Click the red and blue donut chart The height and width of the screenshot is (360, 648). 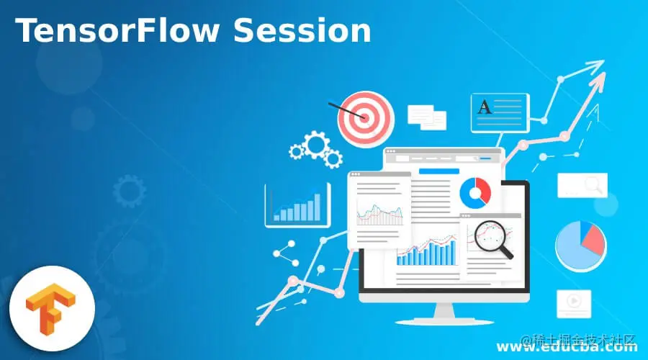[x=475, y=191]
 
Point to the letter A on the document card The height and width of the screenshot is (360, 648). [x=485, y=108]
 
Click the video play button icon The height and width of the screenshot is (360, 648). [x=574, y=303]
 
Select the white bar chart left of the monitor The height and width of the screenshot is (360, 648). [x=297, y=204]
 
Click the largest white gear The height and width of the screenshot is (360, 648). [x=315, y=144]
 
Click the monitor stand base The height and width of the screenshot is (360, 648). [x=444, y=315]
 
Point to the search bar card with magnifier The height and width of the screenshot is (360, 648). [x=582, y=185]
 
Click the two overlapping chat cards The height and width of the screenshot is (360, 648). [x=427, y=116]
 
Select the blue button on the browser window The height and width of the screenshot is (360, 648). [x=439, y=171]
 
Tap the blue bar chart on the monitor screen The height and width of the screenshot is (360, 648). [x=427, y=253]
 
